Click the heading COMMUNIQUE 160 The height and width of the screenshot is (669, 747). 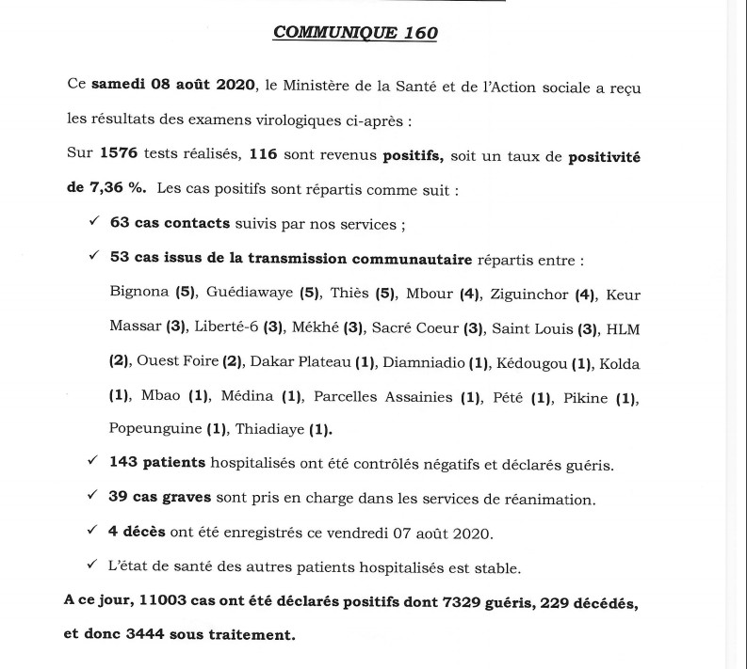[x=355, y=32]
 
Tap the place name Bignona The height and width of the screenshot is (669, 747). [x=139, y=293]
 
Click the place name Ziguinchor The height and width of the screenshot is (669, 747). [x=529, y=295]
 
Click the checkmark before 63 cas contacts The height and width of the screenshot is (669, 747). [x=92, y=222]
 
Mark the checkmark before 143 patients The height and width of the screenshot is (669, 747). [x=92, y=462]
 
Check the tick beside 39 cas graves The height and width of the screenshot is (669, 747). [x=92, y=496]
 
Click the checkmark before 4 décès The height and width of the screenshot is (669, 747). [x=92, y=531]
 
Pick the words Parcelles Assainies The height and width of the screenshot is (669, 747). [x=383, y=397]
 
